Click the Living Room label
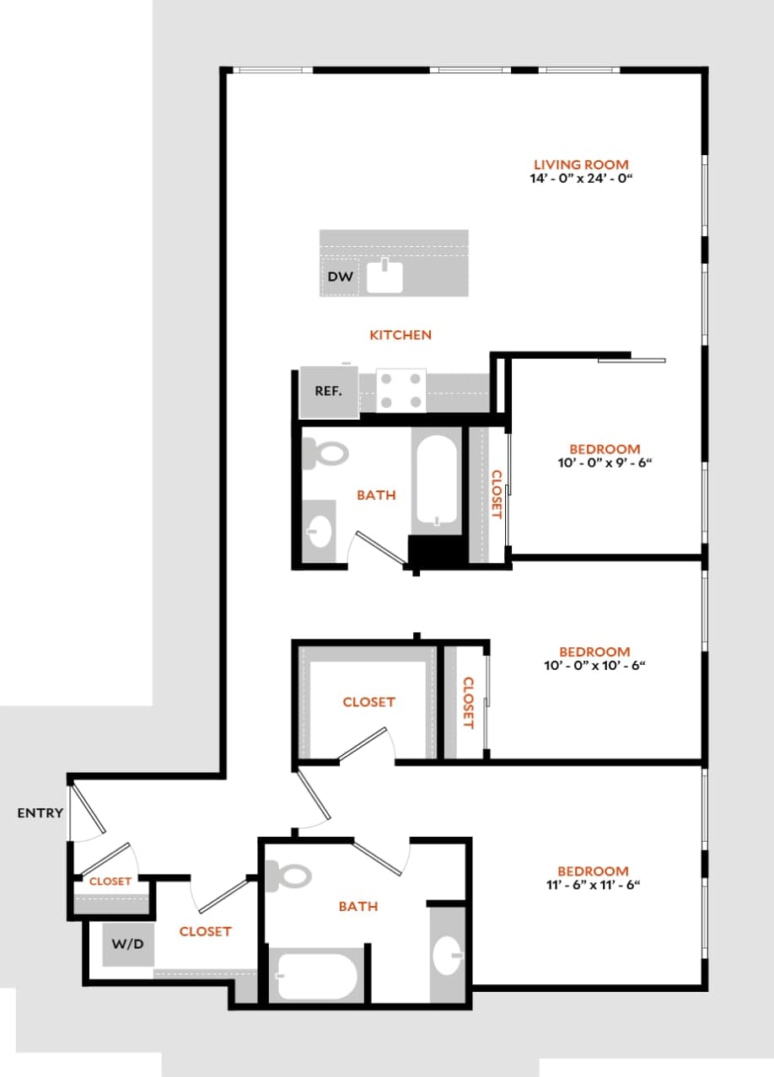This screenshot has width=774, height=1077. [581, 164]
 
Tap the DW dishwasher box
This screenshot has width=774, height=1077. [340, 276]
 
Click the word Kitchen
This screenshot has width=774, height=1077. [400, 335]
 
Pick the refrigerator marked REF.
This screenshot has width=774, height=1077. [328, 392]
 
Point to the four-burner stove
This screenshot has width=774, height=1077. [400, 390]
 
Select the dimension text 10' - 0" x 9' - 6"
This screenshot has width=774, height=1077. [605, 463]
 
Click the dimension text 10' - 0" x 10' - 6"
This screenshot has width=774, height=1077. [594, 666]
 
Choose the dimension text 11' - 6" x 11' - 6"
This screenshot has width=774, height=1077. [594, 885]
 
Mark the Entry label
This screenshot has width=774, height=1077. [40, 813]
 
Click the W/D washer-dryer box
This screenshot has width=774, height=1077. [128, 944]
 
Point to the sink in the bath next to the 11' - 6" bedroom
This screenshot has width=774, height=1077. [447, 956]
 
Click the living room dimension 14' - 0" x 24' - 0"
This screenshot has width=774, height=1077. [581, 179]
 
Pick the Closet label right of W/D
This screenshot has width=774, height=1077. [205, 931]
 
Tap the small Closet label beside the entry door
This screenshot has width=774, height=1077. [110, 881]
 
